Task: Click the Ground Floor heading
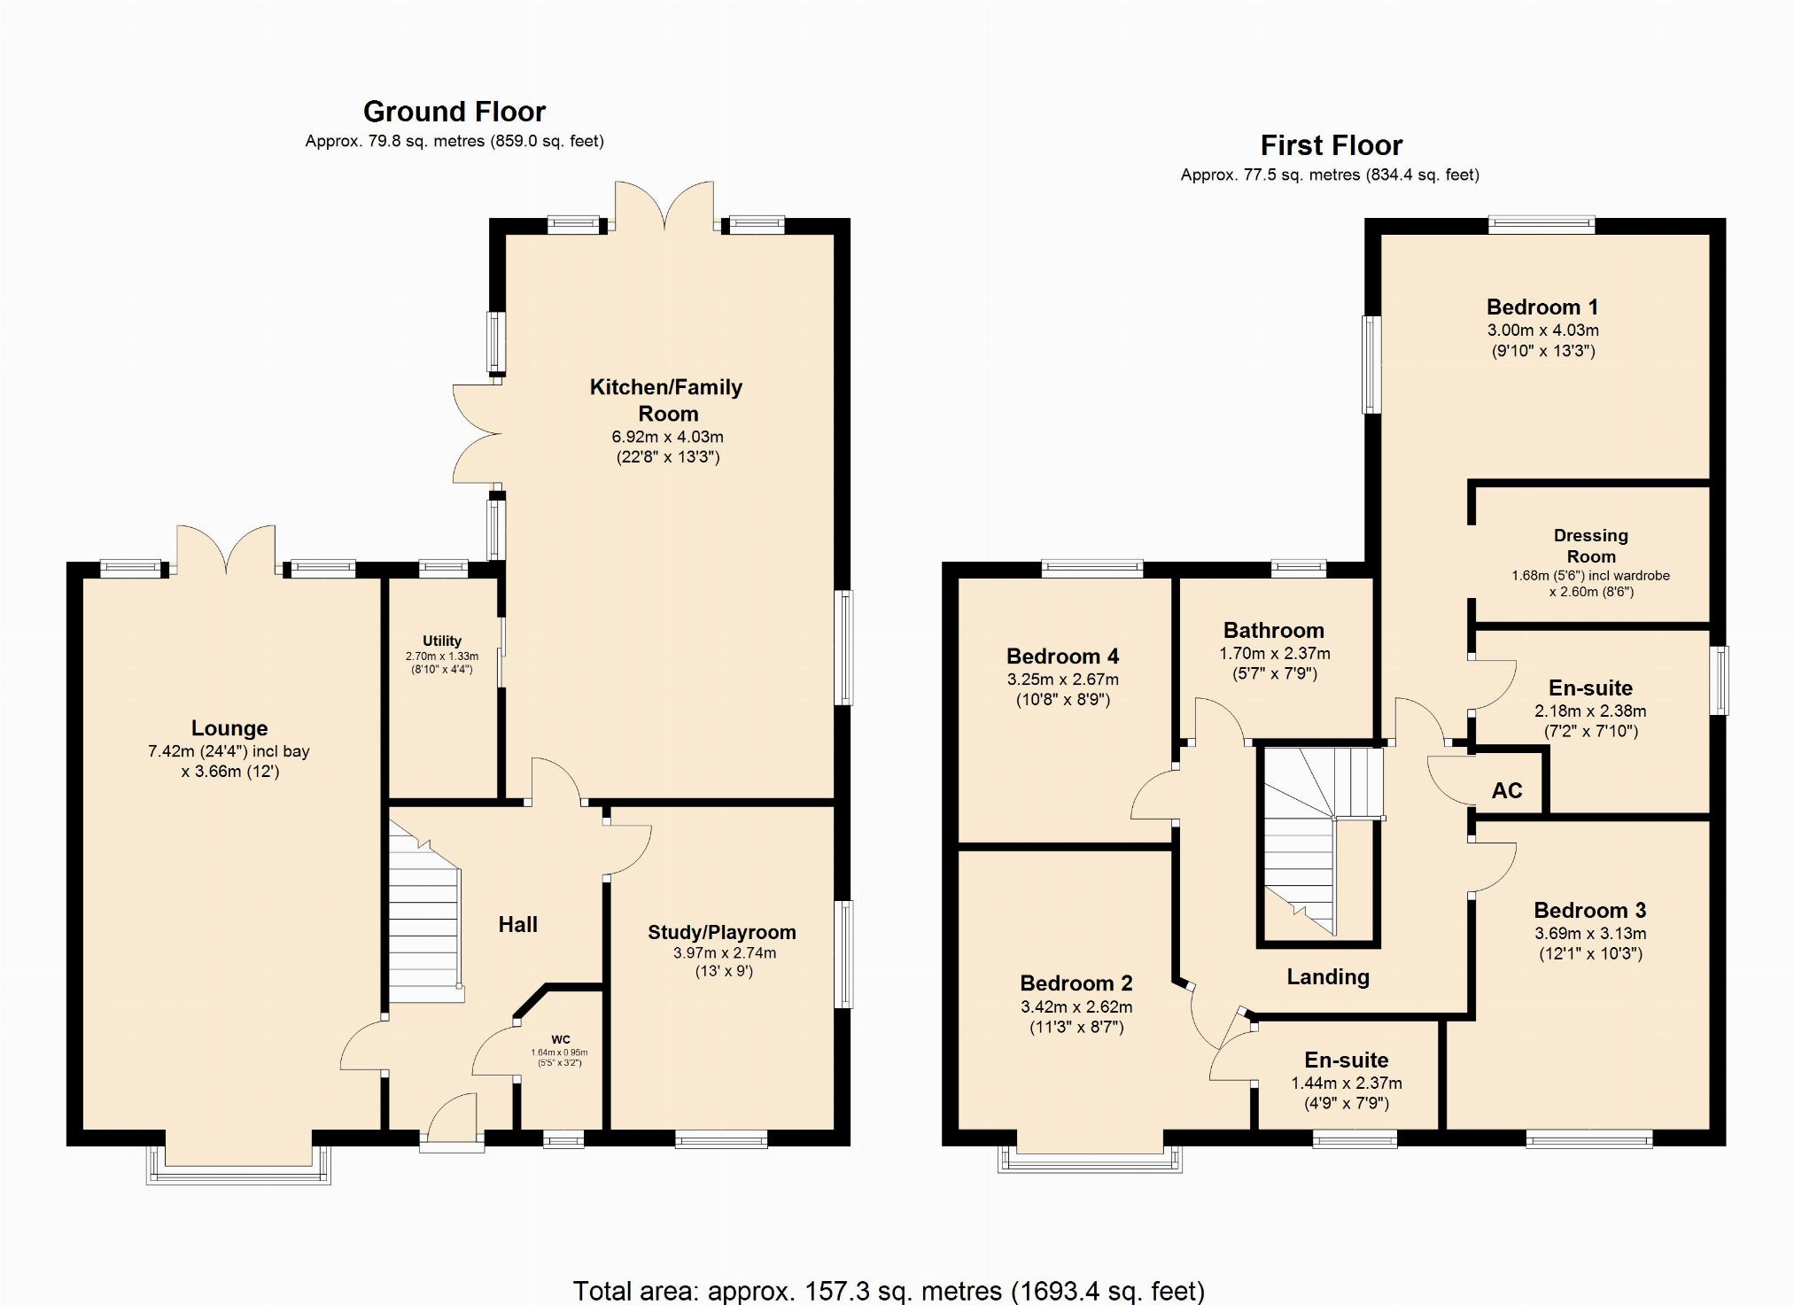454,112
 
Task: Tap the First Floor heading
1332,145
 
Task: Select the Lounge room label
229,728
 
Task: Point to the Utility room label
442,641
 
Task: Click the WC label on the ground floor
561,1040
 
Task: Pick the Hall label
517,925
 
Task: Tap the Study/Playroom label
722,932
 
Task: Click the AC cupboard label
1507,790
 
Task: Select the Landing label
1328,977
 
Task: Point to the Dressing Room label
1591,546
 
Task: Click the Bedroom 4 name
1062,656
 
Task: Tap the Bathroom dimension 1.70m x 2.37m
1274,654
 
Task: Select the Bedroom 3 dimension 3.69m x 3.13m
1590,934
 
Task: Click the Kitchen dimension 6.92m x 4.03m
667,437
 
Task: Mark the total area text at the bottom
889,1291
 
